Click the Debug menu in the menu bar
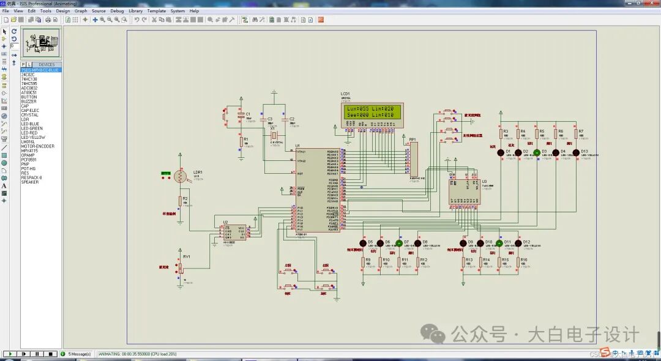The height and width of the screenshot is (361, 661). coord(117,11)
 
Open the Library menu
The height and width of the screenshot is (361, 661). coord(135,11)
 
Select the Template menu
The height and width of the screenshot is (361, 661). coord(157,11)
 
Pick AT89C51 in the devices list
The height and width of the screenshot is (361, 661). coord(29,92)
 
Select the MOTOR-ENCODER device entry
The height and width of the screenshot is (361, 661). coord(37,146)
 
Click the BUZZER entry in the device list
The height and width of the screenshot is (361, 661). coord(29,102)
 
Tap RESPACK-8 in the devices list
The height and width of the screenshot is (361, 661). coord(32,177)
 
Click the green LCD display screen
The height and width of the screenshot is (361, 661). coord(372,112)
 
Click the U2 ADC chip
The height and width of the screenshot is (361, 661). coord(233,232)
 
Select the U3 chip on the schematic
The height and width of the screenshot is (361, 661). coord(465,192)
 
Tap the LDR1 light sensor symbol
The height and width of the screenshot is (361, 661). coord(181,177)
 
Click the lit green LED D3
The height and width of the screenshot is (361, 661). coord(537,152)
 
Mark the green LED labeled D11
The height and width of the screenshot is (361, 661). coord(499,243)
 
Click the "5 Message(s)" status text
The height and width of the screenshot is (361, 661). coord(79,354)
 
